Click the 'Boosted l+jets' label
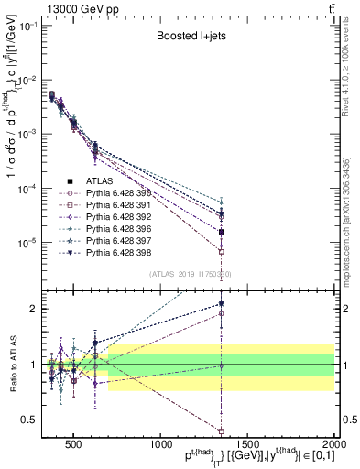point(191,36)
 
